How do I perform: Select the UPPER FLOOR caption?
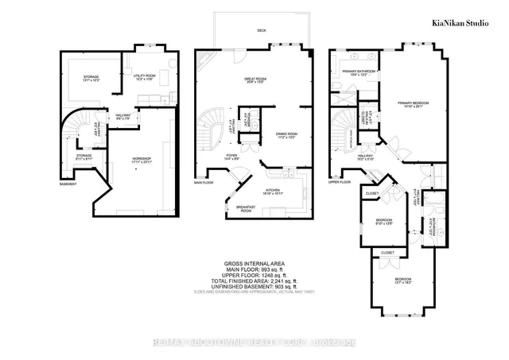[340, 181]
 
